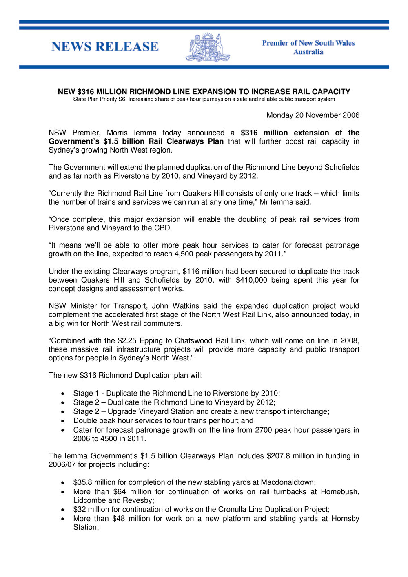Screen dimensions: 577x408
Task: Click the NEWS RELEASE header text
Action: click(x=105, y=47)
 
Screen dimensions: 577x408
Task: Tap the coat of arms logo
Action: click(x=208, y=48)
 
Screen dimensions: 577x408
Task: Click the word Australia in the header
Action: click(x=308, y=52)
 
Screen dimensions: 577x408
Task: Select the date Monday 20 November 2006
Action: click(x=313, y=115)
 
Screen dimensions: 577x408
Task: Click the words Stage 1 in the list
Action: click(x=86, y=394)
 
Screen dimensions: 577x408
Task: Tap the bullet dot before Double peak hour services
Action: click(x=62, y=421)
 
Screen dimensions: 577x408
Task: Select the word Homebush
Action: click(x=339, y=492)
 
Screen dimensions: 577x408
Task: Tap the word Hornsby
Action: click(x=345, y=519)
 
